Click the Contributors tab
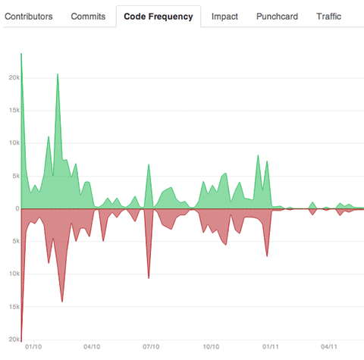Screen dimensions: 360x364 (x=30, y=15)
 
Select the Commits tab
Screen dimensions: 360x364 (x=88, y=15)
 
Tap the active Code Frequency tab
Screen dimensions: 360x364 (x=158, y=15)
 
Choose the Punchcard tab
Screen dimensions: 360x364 (x=277, y=15)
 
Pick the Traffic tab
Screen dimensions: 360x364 (x=330, y=15)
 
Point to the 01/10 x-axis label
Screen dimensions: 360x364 (x=33, y=348)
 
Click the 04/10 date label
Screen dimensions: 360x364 (x=92, y=348)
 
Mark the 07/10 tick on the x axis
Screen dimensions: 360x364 (x=151, y=348)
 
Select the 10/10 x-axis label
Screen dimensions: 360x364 (x=211, y=348)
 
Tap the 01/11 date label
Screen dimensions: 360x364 (x=270, y=348)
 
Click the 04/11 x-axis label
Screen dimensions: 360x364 (x=328, y=348)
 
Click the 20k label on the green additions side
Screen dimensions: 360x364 (x=13, y=77)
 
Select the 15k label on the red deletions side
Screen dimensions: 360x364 (x=13, y=307)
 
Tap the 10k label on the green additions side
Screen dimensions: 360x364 (x=13, y=143)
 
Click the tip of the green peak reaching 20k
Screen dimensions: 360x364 (x=58, y=74)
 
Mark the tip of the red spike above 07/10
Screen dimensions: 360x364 (x=149, y=278)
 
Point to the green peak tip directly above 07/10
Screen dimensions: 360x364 (x=149, y=164)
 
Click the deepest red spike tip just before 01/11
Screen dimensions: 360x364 (x=267, y=257)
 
